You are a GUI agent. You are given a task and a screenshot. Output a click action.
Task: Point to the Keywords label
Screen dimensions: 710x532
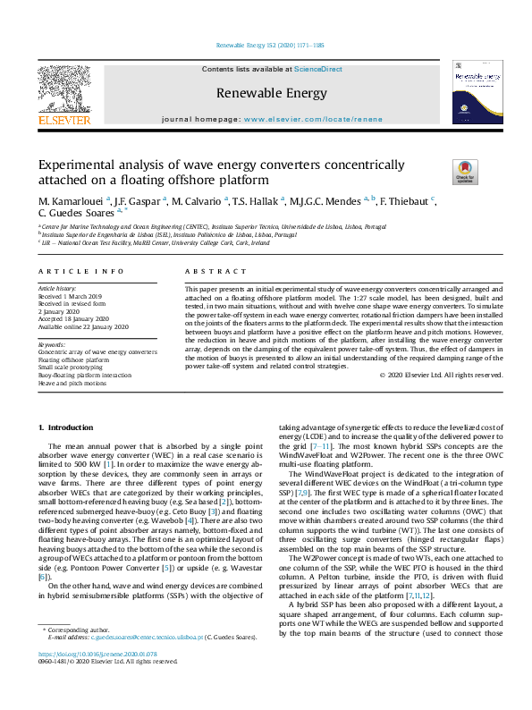point(52,343)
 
